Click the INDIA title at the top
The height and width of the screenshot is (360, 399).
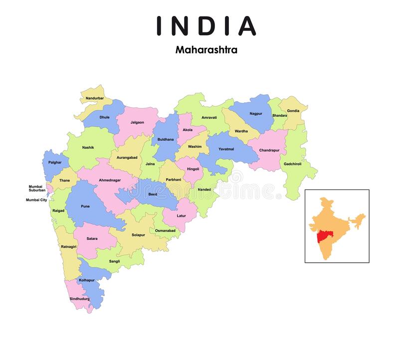tap(206, 25)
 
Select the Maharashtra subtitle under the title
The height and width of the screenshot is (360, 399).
tap(206, 50)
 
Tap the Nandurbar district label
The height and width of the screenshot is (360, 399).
tap(95, 98)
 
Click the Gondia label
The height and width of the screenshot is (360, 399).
tap(293, 111)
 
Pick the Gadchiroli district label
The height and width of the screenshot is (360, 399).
tap(293, 164)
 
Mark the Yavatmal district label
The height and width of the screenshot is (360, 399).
tap(226, 149)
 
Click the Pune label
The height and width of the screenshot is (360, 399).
tap(85, 206)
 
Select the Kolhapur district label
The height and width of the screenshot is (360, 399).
tap(87, 280)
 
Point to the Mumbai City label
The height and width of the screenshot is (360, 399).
tap(36, 200)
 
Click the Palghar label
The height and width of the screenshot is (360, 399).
tap(55, 162)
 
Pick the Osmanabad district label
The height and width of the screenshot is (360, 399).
tap(165, 231)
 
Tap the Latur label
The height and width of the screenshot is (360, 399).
tap(182, 215)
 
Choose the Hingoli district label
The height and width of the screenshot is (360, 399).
tap(193, 169)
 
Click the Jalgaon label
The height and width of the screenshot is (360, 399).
tap(137, 122)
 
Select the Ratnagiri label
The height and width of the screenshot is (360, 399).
tap(68, 247)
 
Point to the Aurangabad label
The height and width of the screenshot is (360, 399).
tap(127, 158)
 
